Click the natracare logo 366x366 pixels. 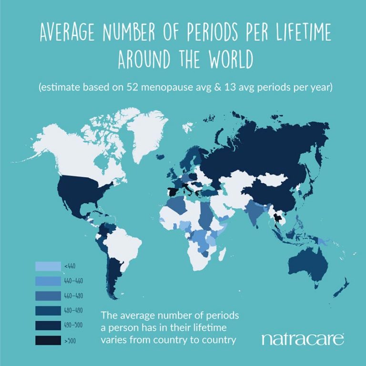[x=302, y=339]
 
